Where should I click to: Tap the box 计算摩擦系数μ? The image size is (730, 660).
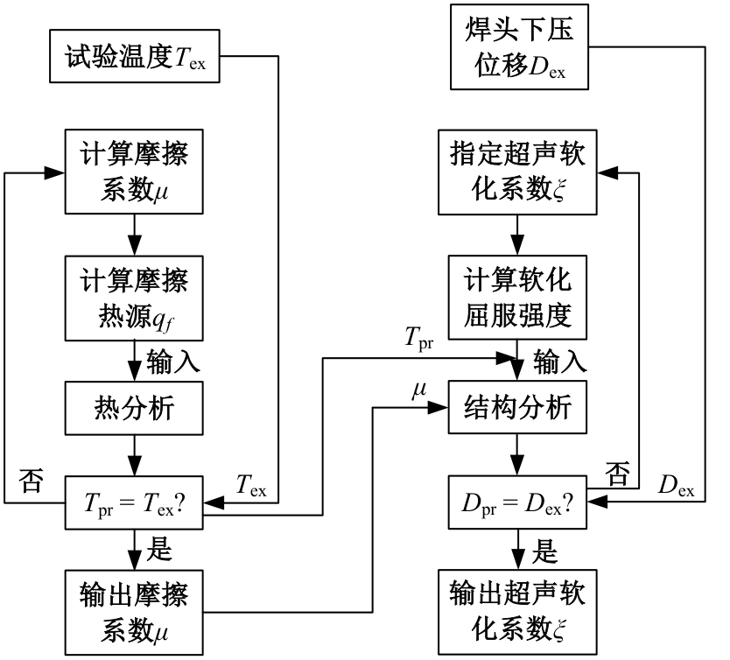tap(133, 172)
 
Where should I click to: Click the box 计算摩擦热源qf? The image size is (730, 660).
tap(133, 298)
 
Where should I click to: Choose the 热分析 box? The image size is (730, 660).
tap(133, 409)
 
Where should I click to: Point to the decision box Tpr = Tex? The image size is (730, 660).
tap(133, 503)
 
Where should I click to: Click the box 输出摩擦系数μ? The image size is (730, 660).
tap(133, 612)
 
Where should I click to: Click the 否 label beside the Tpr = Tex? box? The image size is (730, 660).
tap(31, 482)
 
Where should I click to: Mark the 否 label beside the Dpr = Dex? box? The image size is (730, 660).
tap(620, 474)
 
